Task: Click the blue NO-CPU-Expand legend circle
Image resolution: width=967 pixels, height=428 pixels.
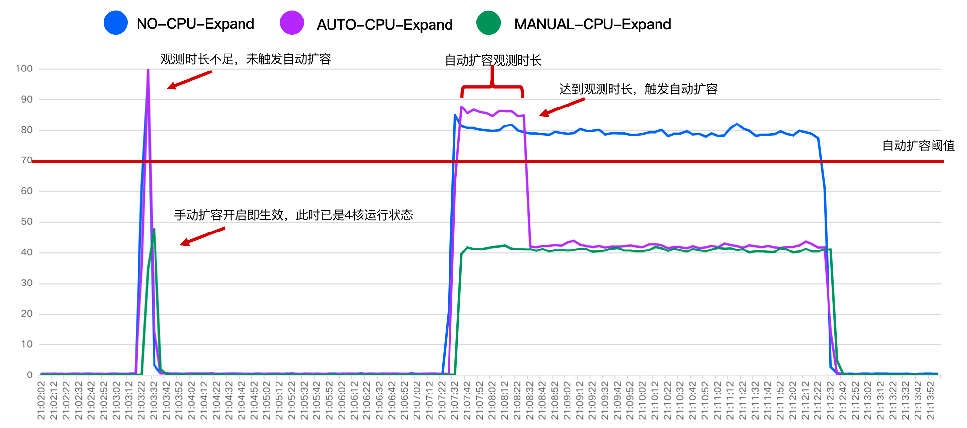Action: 116,23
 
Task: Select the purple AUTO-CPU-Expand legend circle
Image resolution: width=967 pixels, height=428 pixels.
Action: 292,23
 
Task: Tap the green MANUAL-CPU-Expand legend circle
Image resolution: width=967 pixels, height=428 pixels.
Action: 488,23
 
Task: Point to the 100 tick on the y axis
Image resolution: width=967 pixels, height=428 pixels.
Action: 24,69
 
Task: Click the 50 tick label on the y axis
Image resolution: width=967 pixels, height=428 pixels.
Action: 27,222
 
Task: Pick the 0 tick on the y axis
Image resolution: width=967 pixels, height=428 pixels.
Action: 30,375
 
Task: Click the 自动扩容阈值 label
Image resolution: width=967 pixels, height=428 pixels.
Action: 918,145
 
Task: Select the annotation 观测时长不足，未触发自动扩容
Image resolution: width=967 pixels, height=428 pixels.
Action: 246,59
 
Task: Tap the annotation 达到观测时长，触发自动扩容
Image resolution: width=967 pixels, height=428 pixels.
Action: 638,89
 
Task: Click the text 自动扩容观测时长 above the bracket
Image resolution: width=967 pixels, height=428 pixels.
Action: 493,61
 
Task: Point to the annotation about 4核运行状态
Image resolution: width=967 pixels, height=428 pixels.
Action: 294,215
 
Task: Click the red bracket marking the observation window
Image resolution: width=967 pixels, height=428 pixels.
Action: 492,88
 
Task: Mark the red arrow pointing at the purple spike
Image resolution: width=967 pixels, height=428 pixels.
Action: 190,80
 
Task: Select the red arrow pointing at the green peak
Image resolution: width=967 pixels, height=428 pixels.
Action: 203,236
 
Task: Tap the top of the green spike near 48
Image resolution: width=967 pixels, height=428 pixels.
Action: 154,229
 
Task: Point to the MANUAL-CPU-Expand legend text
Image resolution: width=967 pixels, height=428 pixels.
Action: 592,24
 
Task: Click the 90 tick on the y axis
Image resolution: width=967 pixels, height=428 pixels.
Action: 27,99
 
